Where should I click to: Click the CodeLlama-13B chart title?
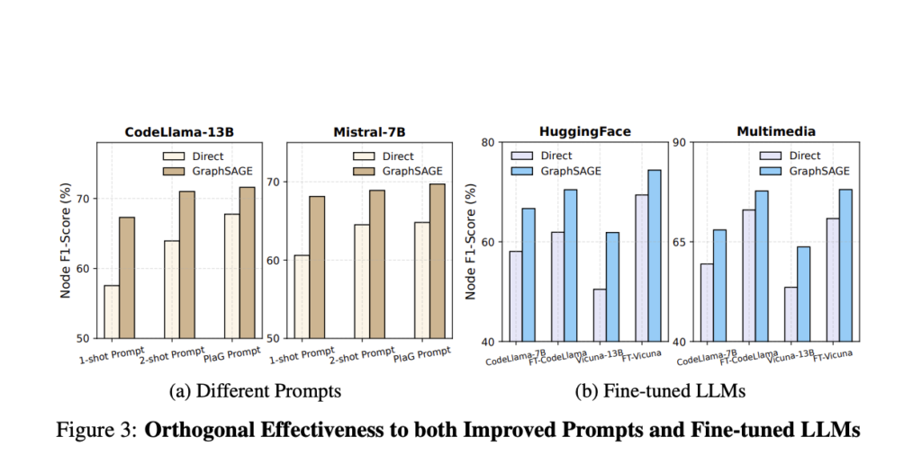point(178,131)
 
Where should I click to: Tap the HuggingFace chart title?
point(584,131)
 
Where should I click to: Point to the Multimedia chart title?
point(775,131)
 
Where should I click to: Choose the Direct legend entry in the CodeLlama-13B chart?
point(188,156)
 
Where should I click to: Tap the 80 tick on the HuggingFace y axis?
point(489,142)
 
